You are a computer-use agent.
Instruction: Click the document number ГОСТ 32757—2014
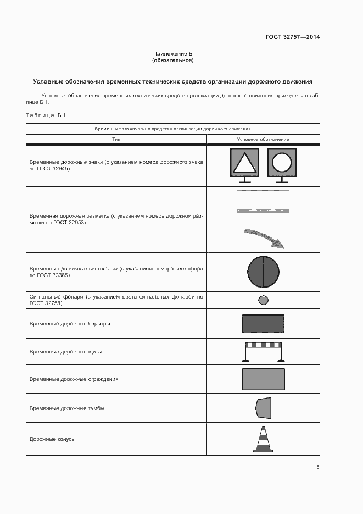coord(293,37)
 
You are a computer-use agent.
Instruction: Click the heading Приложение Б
coord(173,53)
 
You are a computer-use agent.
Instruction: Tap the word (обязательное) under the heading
coord(173,60)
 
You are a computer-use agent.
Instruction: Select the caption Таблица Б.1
coord(46,115)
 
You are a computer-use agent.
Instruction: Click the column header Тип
coord(116,140)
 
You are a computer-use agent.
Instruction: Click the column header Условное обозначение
coord(263,140)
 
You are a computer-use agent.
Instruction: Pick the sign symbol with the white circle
coord(282,163)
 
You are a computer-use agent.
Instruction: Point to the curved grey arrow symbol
coord(263,237)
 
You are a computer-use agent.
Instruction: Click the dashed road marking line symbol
coord(263,209)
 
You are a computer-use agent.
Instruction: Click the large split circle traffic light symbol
coord(263,272)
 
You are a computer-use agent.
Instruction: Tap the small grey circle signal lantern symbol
coord(263,300)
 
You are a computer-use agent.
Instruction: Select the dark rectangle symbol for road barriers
coord(263,323)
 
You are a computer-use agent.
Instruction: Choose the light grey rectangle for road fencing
coord(263,379)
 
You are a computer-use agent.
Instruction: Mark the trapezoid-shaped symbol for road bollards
coord(264,408)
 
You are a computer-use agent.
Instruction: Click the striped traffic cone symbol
coord(263,439)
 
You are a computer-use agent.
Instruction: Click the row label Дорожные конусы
coord(52,439)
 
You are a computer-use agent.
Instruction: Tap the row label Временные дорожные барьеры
coord(70,323)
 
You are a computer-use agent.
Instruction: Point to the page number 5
coord(317,467)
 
